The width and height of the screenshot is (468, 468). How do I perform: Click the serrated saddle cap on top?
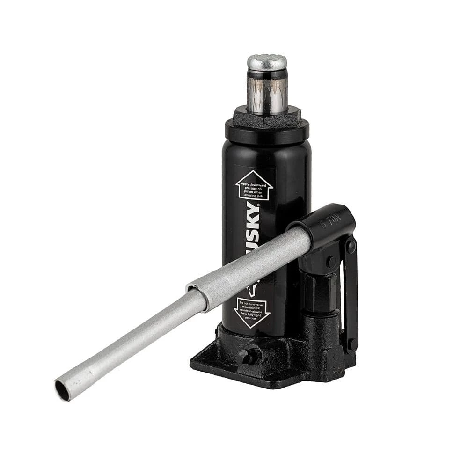coord(267,62)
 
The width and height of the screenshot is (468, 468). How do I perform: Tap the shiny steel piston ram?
coord(267,94)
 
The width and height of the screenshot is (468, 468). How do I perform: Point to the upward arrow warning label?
coord(254,186)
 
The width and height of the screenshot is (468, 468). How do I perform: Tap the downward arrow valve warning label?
coord(252,311)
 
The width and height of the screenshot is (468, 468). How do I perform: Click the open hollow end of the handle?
coord(63,390)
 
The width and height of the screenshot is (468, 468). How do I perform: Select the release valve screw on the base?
coord(247,354)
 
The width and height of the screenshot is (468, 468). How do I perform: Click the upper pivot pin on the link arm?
coord(351,246)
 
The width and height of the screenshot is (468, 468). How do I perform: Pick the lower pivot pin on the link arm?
coord(351,344)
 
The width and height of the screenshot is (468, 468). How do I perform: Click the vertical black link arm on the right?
coord(351,295)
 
